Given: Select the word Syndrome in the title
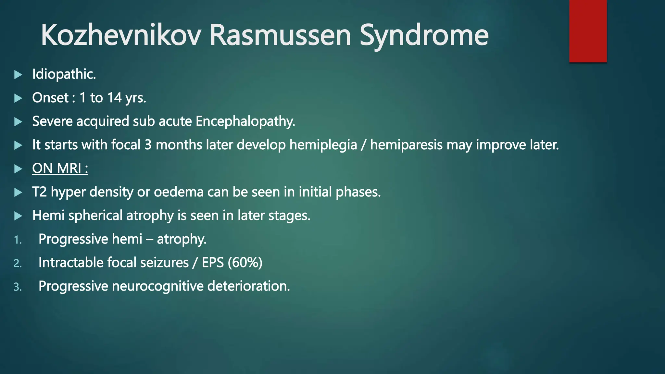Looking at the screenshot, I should [424, 36].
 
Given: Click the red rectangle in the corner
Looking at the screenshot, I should [588, 31].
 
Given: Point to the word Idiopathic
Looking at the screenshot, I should [64, 74].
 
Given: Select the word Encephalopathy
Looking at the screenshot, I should [245, 121].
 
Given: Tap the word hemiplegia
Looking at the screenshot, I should [323, 145].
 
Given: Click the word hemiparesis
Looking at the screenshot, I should [406, 145].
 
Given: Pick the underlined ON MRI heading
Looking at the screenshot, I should [60, 168].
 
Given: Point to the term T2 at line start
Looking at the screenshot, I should [39, 192].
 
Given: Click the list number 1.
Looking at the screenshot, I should [18, 240].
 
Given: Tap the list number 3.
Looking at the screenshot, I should [18, 287].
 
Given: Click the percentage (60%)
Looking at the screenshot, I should [245, 263].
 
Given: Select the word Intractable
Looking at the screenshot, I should [70, 263].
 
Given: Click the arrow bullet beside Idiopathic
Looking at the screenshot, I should [18, 75].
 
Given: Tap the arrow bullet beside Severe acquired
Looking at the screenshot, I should [18, 122].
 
